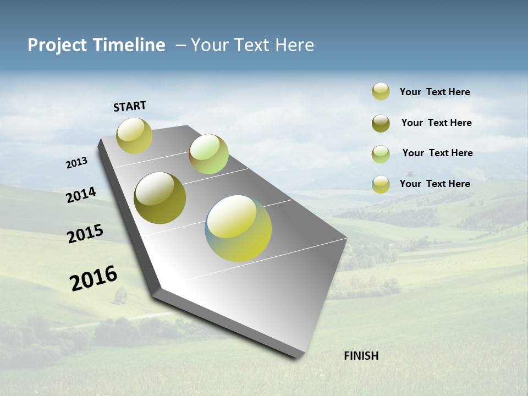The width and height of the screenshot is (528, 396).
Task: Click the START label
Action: (x=130, y=106)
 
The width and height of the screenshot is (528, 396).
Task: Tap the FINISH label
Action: (x=361, y=356)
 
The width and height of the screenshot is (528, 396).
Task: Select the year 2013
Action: (x=77, y=163)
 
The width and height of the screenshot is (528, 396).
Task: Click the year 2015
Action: (x=85, y=234)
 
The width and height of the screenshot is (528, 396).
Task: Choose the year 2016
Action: (x=94, y=278)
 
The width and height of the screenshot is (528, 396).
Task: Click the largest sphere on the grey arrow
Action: (x=238, y=228)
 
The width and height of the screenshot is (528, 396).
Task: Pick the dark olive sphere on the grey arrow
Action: (x=159, y=198)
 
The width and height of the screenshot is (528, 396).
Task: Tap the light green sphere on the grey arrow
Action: (x=208, y=154)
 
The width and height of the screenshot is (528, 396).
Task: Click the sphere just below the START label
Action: (x=134, y=136)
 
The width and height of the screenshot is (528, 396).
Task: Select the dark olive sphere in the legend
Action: (x=381, y=123)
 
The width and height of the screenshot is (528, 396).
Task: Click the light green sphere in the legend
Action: (x=381, y=154)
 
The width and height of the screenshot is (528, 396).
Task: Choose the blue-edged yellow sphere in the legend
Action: (x=381, y=184)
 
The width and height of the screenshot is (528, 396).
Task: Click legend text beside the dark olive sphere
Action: (x=436, y=123)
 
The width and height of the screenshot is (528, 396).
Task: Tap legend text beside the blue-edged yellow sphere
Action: (x=435, y=184)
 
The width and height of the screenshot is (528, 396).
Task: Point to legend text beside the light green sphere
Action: (x=437, y=153)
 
